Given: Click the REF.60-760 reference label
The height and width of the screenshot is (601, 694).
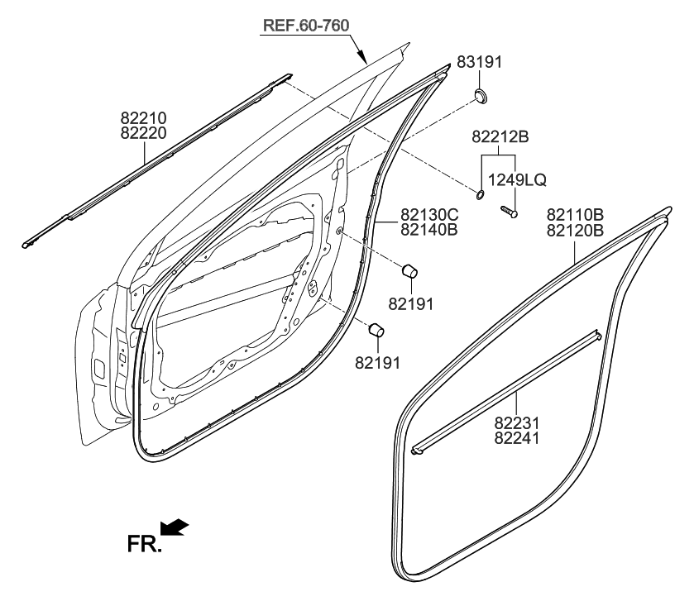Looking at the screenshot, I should pos(306,25).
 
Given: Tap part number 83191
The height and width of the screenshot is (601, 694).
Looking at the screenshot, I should pos(479,62).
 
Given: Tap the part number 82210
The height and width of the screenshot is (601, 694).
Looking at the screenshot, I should pos(144,118).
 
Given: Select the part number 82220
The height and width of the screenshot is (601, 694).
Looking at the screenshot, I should pos(144,132).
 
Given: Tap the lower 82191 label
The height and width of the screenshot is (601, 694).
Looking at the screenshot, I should pos(377,360).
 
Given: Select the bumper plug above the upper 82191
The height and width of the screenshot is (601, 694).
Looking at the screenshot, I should pos(410,271).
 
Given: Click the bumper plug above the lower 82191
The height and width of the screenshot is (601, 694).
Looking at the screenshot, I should pos(377,330).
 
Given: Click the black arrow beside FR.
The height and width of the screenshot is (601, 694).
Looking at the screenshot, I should pos(176,527).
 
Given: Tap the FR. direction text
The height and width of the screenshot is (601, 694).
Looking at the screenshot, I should pos(143,544).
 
